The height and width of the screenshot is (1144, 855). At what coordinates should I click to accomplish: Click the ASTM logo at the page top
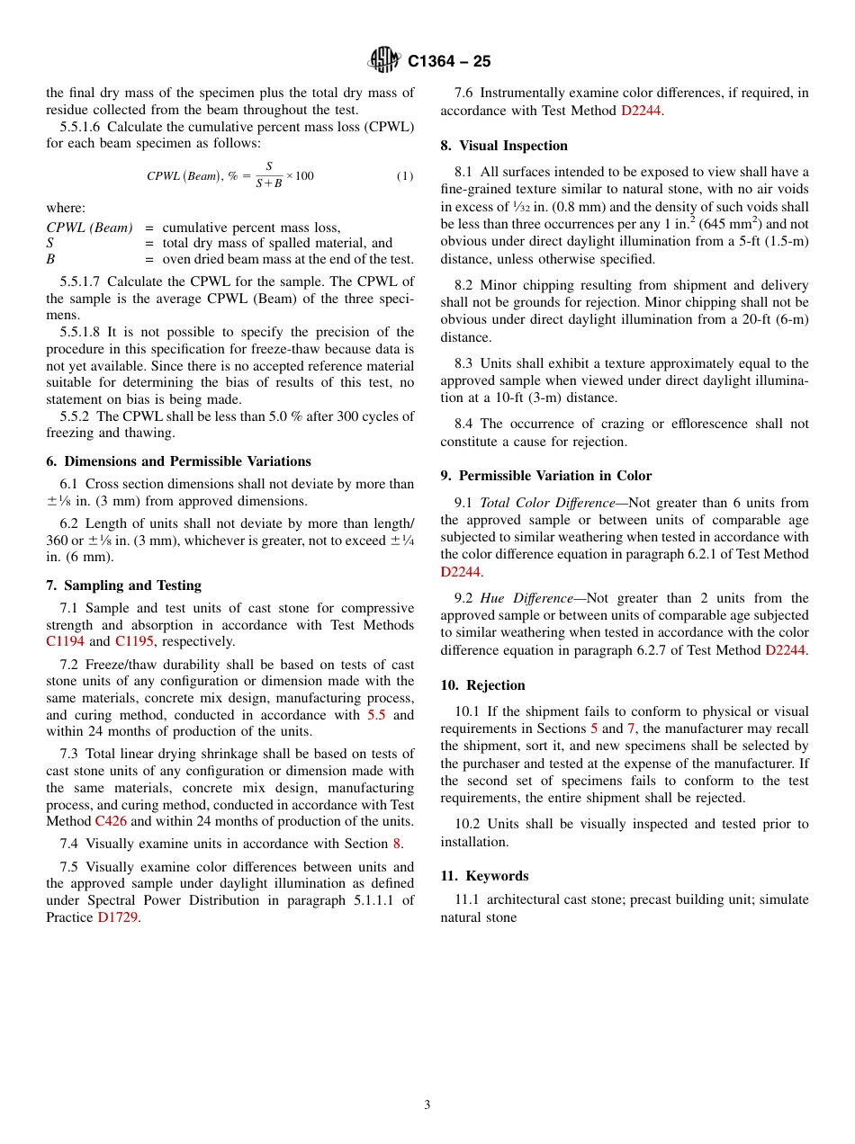383,60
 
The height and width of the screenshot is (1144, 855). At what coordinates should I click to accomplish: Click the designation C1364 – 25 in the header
449,61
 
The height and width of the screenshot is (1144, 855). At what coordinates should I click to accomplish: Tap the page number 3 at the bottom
427,1105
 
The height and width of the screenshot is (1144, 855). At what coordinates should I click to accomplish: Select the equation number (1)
405,176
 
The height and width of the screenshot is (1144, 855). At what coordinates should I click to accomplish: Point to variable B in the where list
50,260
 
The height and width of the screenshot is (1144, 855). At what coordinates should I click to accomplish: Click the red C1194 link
66,642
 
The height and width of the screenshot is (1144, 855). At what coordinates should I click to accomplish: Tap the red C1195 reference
134,642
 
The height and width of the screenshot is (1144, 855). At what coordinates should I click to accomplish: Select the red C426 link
111,821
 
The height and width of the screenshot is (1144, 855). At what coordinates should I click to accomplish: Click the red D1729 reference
118,917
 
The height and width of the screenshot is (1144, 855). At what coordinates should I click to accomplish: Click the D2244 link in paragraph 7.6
642,111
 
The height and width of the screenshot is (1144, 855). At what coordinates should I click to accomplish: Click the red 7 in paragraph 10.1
631,728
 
